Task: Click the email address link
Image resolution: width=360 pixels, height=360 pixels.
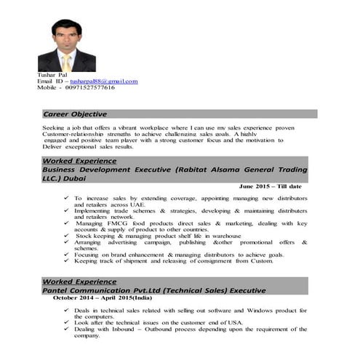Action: (x=109, y=81)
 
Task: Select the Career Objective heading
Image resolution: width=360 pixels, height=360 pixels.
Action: (x=74, y=114)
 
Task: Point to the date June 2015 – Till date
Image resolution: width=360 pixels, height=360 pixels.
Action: (x=271, y=186)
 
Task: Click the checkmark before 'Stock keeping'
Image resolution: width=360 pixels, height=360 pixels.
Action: (x=67, y=235)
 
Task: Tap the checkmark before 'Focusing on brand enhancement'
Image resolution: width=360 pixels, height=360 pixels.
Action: (x=67, y=255)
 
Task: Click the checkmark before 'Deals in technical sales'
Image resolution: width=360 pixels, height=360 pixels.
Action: (x=67, y=311)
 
